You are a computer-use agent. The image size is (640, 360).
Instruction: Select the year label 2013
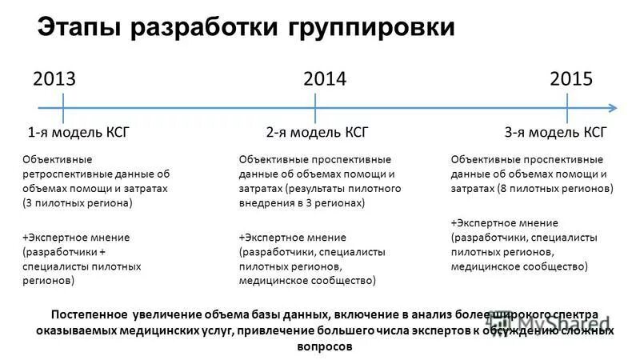coord(54,78)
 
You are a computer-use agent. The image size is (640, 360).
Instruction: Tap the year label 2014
coord(325,78)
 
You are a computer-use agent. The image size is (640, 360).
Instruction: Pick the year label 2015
coord(571,78)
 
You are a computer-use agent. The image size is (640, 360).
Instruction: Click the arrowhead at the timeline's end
coord(611,108)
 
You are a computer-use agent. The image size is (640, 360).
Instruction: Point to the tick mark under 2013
coord(63,108)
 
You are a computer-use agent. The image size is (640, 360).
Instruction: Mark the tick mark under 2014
coord(316,108)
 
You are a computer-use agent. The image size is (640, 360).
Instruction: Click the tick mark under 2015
coord(567,108)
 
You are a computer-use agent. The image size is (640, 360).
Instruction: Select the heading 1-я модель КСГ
coord(78,133)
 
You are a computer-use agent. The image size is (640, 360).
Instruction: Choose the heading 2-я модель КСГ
coord(317,133)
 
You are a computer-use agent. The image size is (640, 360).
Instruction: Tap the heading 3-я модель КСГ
coord(556,133)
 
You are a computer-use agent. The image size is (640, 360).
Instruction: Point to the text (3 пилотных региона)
coord(77,202)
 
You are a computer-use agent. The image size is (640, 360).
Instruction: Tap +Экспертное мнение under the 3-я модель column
coord(504,222)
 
